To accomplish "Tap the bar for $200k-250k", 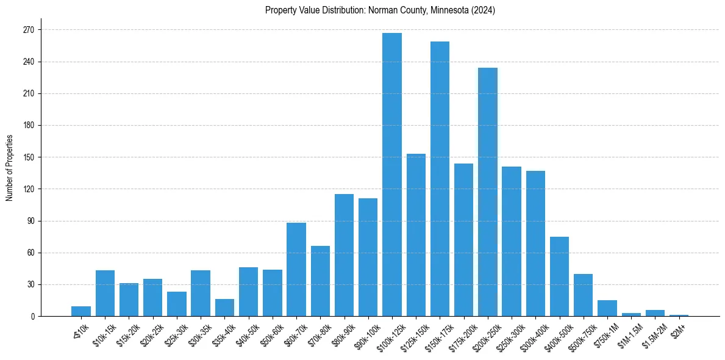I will click(x=488, y=192).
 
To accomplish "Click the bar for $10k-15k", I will click(x=105, y=293).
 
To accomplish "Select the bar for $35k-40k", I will click(x=224, y=308).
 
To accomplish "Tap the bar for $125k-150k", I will click(x=416, y=235).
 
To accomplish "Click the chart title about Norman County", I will click(x=380, y=10).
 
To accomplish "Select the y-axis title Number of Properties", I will click(x=9, y=168).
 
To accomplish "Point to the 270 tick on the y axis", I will click(x=28, y=30).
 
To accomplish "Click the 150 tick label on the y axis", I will click(x=28, y=157).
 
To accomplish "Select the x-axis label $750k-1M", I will click(x=604, y=333).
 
